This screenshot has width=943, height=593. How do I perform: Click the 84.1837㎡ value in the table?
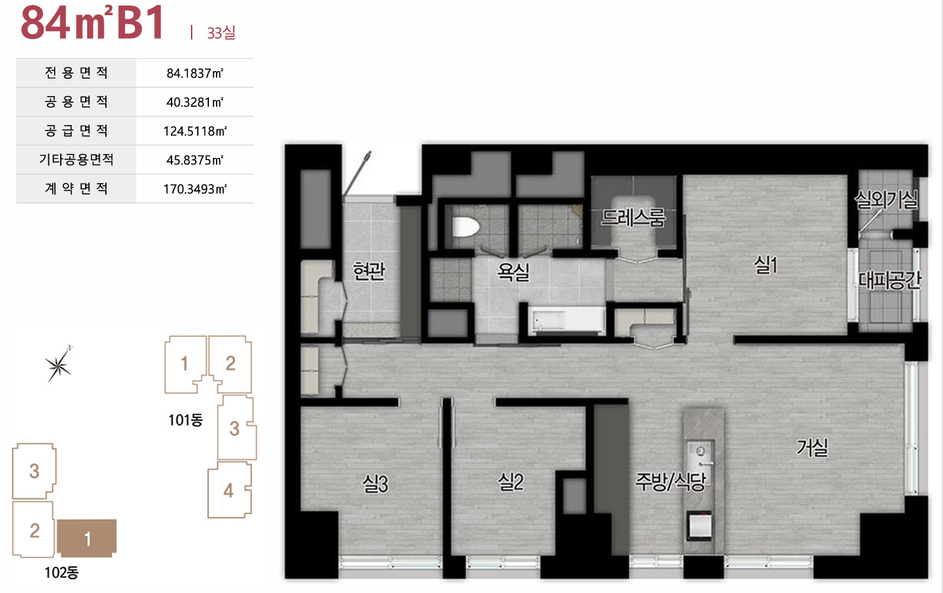195,73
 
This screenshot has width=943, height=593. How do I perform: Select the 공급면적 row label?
76,131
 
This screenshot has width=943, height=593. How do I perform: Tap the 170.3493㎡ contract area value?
195,189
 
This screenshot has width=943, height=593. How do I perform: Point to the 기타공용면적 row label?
76,160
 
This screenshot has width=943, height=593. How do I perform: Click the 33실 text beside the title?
221,32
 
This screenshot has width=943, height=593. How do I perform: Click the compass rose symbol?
59,364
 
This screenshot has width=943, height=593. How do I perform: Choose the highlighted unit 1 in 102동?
86,538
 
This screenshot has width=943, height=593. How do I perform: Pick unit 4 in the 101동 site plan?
230,491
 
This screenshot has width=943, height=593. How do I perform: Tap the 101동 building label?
185,420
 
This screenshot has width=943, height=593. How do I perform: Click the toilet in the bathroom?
466,227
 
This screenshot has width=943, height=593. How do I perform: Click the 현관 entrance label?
369,271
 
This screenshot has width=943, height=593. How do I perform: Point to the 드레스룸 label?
633,218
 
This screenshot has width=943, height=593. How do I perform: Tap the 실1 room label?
765,265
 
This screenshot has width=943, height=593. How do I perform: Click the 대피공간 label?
889,281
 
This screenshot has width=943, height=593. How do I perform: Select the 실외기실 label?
886,200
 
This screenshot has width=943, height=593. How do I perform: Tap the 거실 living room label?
812,447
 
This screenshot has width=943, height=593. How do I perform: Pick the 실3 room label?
376,484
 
